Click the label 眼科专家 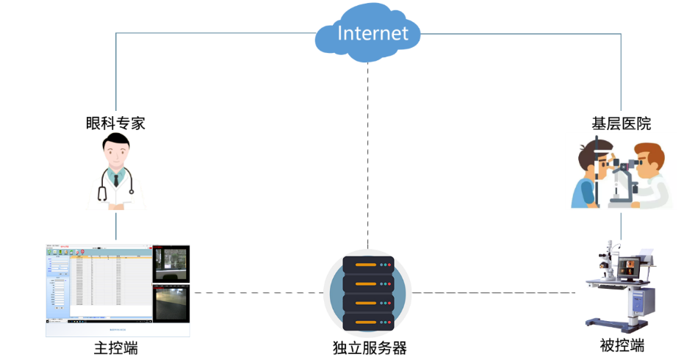tap(116, 123)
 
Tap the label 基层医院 tap(622, 123)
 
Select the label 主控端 tap(116, 348)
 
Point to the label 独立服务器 tap(369, 348)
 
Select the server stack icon tap(368, 292)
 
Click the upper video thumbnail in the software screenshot tap(171, 264)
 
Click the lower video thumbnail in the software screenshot tap(171, 303)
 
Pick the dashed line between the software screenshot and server tap(257, 293)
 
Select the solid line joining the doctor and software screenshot tap(116, 228)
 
